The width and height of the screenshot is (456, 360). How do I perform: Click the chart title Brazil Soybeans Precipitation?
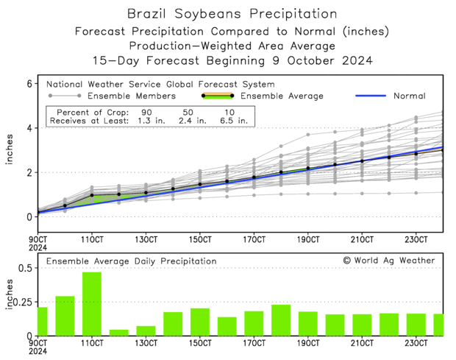pyautogui.click(x=232, y=14)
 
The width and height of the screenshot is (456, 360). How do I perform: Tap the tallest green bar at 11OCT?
pyautogui.click(x=92, y=304)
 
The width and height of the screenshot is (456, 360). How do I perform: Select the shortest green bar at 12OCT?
pyautogui.click(x=119, y=332)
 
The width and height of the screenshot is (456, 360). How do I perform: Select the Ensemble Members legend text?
pyautogui.click(x=131, y=96)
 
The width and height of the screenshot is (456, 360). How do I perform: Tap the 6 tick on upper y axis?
pyautogui.click(x=31, y=84)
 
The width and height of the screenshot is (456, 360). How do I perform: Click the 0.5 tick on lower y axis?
pyautogui.click(x=24, y=267)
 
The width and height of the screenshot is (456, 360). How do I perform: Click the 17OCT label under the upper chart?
pyautogui.click(x=254, y=240)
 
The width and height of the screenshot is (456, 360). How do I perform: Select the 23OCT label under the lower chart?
pyautogui.click(x=416, y=343)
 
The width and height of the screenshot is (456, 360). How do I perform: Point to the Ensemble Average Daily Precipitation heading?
pyautogui.click(x=131, y=261)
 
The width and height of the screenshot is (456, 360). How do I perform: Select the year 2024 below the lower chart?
pyautogui.click(x=38, y=351)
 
